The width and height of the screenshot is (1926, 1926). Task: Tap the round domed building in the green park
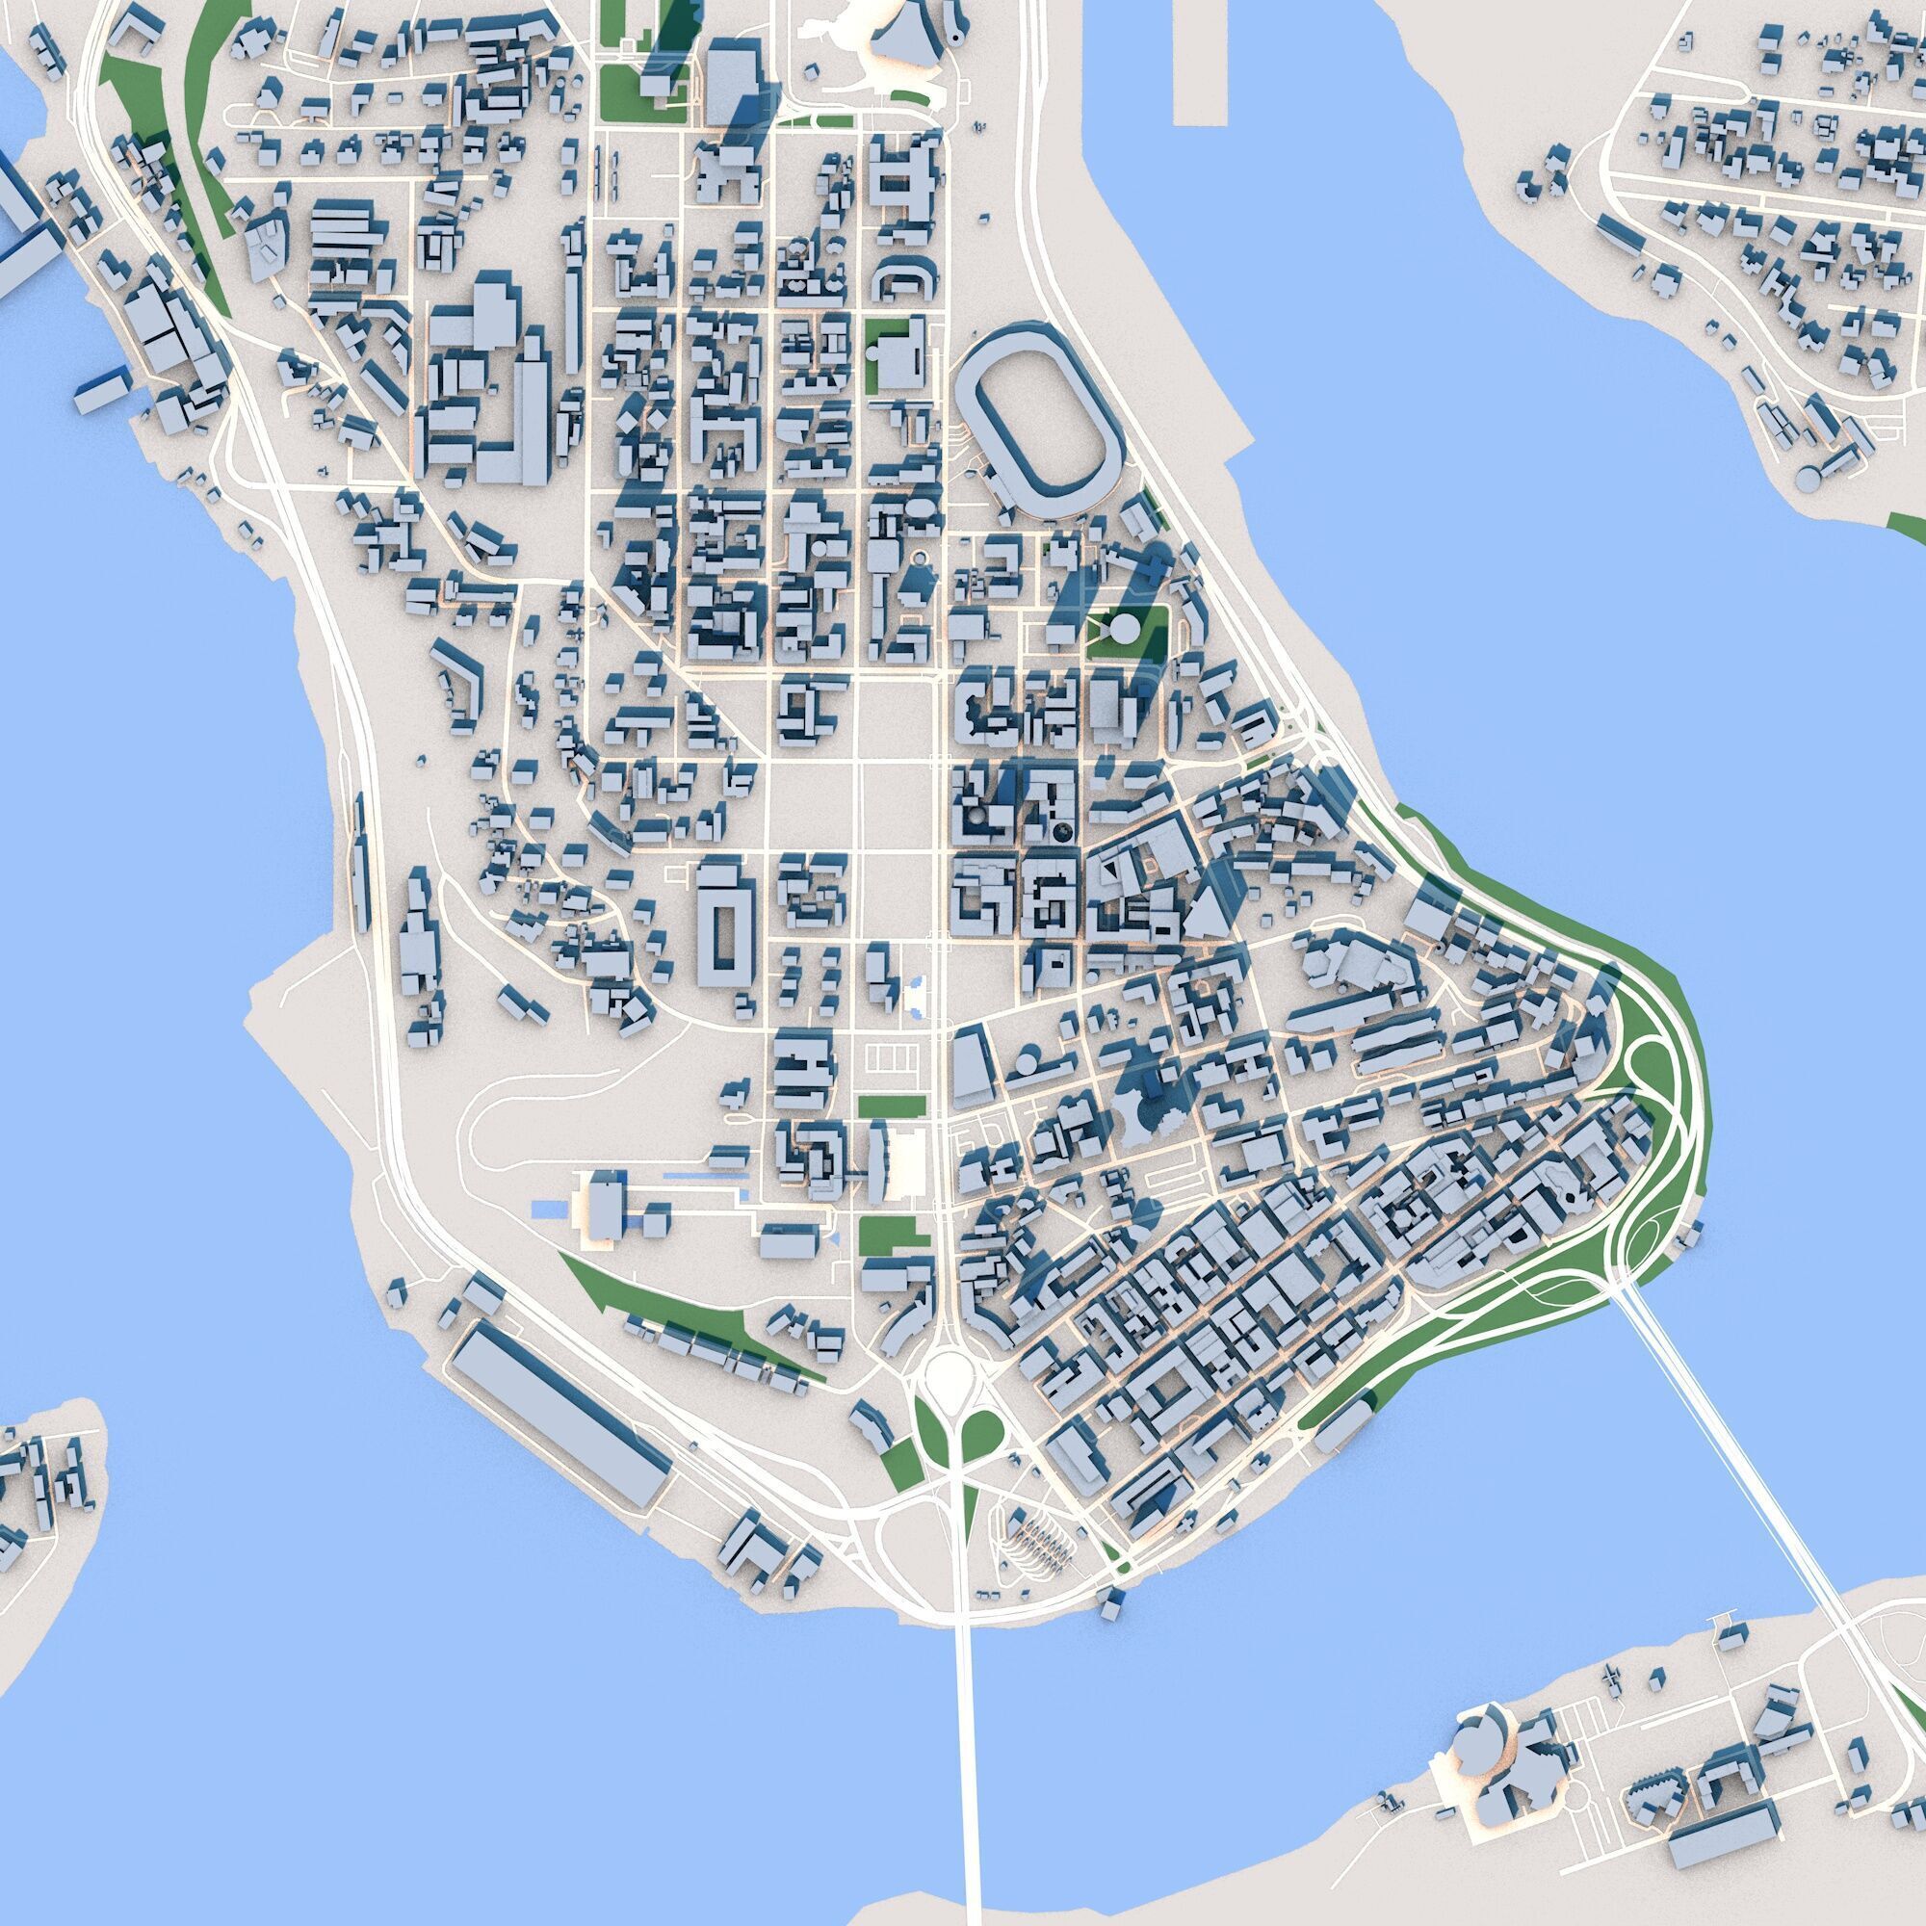point(1124,629)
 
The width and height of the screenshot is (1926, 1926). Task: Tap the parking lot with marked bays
point(891,1059)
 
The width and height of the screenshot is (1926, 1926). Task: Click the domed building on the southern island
point(1478,1717)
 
